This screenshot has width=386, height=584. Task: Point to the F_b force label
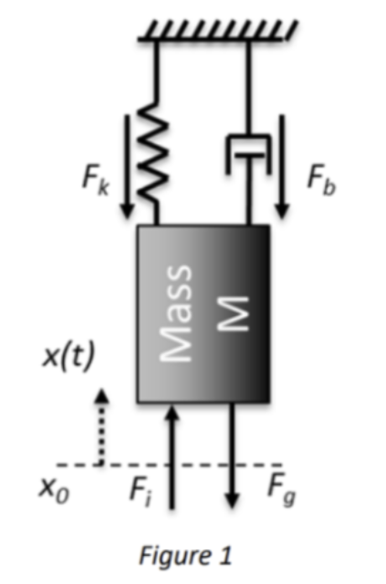point(321,180)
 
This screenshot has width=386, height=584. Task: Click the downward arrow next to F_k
point(127,166)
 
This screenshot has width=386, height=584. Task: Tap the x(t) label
point(68,357)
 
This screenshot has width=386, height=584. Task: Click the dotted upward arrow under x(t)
point(102,426)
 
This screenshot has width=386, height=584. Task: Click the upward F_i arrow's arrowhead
point(172,413)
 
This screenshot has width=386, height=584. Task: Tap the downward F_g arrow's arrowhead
point(232,500)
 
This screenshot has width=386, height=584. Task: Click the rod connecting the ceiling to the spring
point(157,68)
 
